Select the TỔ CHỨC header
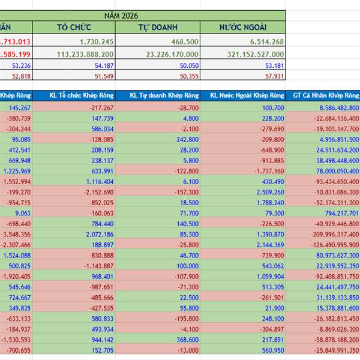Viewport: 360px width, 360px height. click(74, 27)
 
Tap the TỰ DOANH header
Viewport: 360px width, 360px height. click(158, 27)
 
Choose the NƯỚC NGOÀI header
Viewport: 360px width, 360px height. click(243, 27)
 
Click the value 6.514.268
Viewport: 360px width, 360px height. click(263, 41)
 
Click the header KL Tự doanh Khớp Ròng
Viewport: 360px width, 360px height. click(158, 95)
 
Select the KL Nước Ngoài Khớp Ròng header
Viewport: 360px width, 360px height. click(243, 95)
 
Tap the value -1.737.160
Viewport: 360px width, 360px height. click(268, 171)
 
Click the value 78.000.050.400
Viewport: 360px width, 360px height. click(328, 171)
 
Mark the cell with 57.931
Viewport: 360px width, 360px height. click(272, 76)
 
